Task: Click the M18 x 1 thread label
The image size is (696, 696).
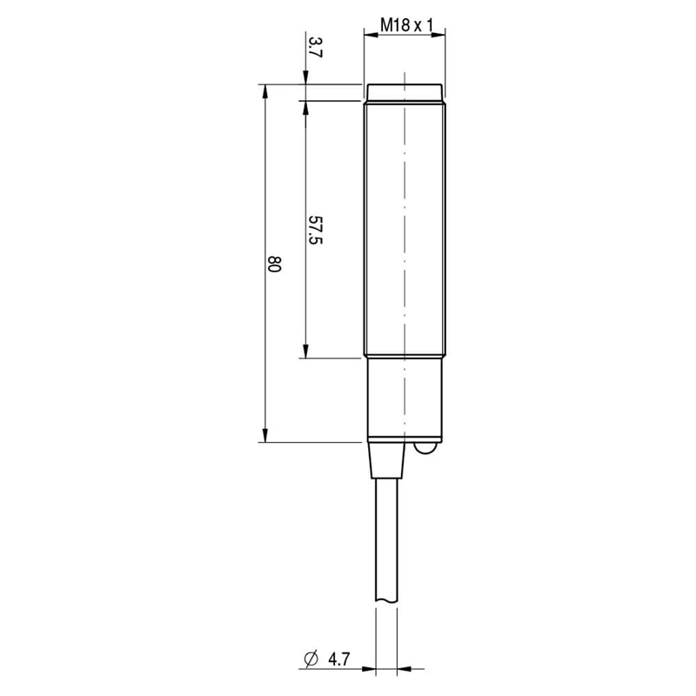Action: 406,25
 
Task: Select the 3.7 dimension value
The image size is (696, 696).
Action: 315,48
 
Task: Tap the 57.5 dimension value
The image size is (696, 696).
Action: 315,230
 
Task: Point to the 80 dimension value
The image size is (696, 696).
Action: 274,264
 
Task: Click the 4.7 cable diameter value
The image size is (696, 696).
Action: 339,659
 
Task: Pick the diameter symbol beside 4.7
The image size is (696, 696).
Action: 311,659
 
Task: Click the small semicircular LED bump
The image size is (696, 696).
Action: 427,448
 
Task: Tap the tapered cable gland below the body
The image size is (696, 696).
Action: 386,460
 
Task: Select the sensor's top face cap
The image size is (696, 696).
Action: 405,92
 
